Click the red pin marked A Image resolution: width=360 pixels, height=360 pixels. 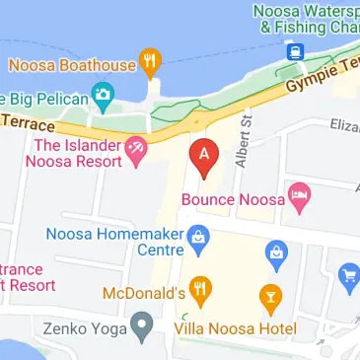coord(203,158)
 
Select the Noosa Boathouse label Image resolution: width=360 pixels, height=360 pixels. coord(72,66)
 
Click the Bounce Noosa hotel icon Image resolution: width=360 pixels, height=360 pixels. coord(301,200)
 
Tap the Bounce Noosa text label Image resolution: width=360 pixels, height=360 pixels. coord(235,199)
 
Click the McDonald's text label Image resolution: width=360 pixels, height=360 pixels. coord(144,293)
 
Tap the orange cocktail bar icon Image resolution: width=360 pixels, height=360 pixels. coord(267,294)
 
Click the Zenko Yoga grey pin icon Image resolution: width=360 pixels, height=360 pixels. coord(144,323)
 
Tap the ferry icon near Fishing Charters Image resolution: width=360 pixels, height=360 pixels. coord(293,56)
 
